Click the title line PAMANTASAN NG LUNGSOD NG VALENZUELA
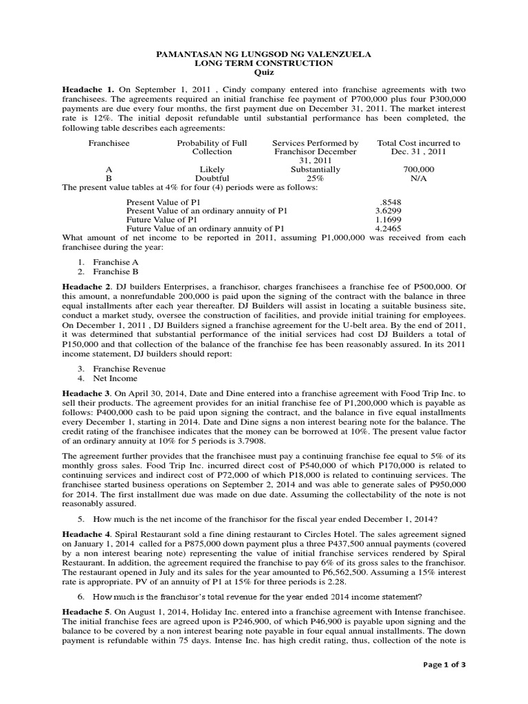(x=263, y=53)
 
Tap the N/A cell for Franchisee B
(x=419, y=177)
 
